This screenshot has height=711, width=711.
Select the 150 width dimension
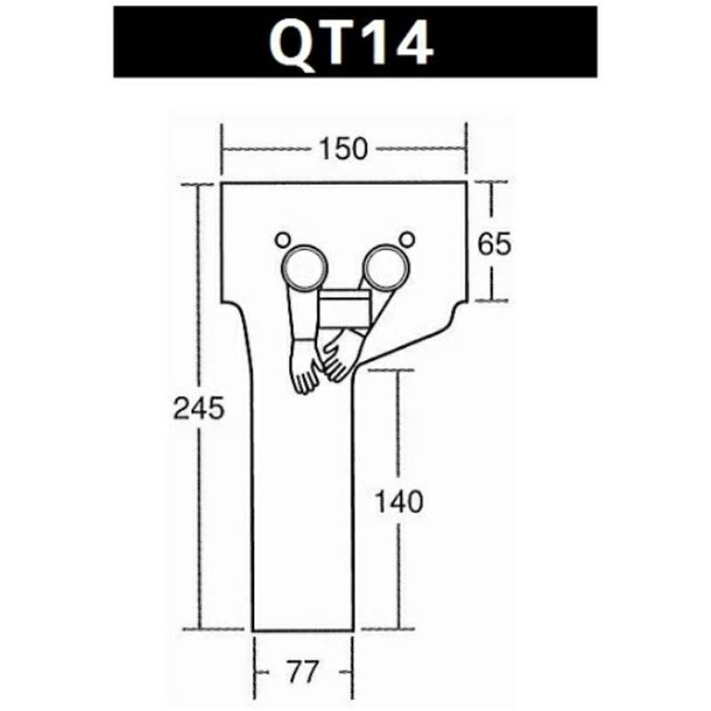pos(343,149)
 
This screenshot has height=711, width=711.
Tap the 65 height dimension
pos(494,243)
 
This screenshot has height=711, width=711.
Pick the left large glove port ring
pos(304,267)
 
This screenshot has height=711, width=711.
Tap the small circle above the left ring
pos(283,238)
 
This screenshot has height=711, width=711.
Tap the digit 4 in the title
pos(411,41)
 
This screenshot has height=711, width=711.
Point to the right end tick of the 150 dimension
pos(467,149)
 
